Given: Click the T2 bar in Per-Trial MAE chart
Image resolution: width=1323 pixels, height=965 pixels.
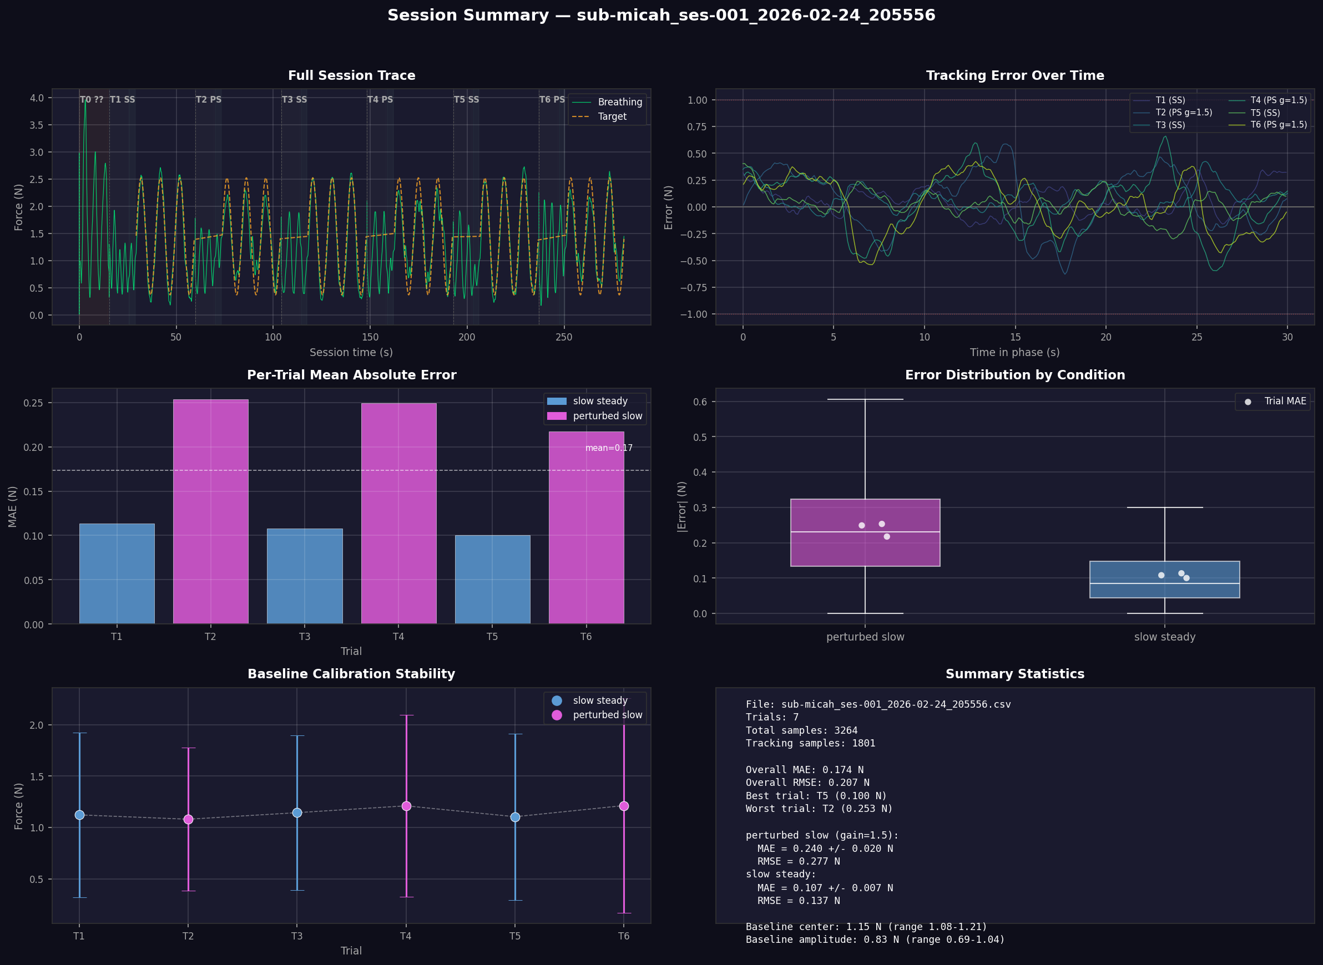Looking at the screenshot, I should [210, 511].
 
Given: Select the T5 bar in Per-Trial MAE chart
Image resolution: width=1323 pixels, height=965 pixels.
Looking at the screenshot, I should [492, 579].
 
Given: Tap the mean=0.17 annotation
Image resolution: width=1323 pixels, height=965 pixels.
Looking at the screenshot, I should [608, 448].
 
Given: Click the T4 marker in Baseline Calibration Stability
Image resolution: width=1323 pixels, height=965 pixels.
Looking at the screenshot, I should [406, 806].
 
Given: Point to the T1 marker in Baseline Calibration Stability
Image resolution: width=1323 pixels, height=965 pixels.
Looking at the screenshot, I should [79, 815].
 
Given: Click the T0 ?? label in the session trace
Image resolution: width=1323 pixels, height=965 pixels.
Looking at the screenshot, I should [91, 100].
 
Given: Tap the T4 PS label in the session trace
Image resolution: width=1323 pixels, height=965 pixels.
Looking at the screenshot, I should [380, 100].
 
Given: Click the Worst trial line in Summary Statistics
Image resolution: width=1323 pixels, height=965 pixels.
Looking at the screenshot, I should [819, 809].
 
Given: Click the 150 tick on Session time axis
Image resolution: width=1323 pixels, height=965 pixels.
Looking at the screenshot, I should [370, 337].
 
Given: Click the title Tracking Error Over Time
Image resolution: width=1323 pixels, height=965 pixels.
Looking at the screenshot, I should [1014, 75].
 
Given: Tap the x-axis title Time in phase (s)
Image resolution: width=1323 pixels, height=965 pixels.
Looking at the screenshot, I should [1014, 352].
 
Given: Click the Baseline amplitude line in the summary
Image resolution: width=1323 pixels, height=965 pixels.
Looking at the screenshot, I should [875, 939].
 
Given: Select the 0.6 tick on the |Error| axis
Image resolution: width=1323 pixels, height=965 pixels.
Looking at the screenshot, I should [700, 402].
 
